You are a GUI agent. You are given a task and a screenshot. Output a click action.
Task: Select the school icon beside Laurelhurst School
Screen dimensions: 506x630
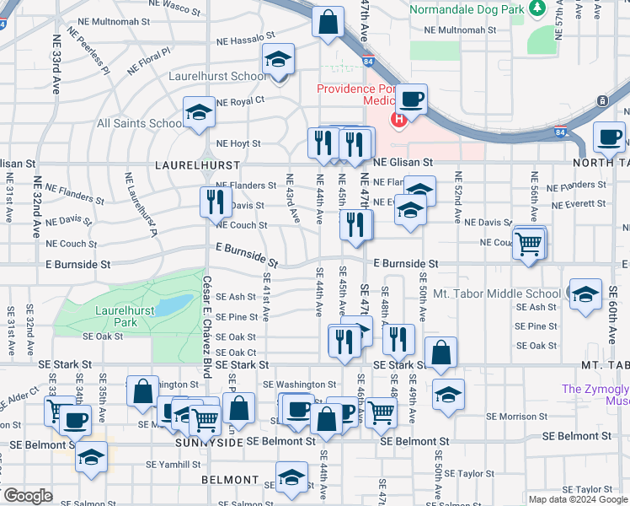point(277,62)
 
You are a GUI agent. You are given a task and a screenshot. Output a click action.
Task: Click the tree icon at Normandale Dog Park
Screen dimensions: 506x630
point(536,8)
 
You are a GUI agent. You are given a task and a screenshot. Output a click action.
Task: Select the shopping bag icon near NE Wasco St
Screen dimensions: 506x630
point(328,22)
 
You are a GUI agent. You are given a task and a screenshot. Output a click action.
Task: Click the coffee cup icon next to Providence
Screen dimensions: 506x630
point(412,100)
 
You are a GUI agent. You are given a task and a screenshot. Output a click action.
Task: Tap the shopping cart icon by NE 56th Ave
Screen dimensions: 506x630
point(529,244)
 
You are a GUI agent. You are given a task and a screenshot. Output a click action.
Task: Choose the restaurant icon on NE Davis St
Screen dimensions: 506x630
point(216,202)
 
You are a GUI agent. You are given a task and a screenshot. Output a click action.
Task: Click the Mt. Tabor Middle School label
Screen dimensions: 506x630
point(496,294)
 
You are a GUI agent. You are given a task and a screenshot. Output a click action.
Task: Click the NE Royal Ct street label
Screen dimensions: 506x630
point(240,101)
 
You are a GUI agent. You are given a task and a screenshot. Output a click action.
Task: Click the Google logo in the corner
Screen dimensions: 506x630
point(28,496)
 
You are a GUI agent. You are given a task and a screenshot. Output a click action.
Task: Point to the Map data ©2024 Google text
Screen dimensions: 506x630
point(576,499)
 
